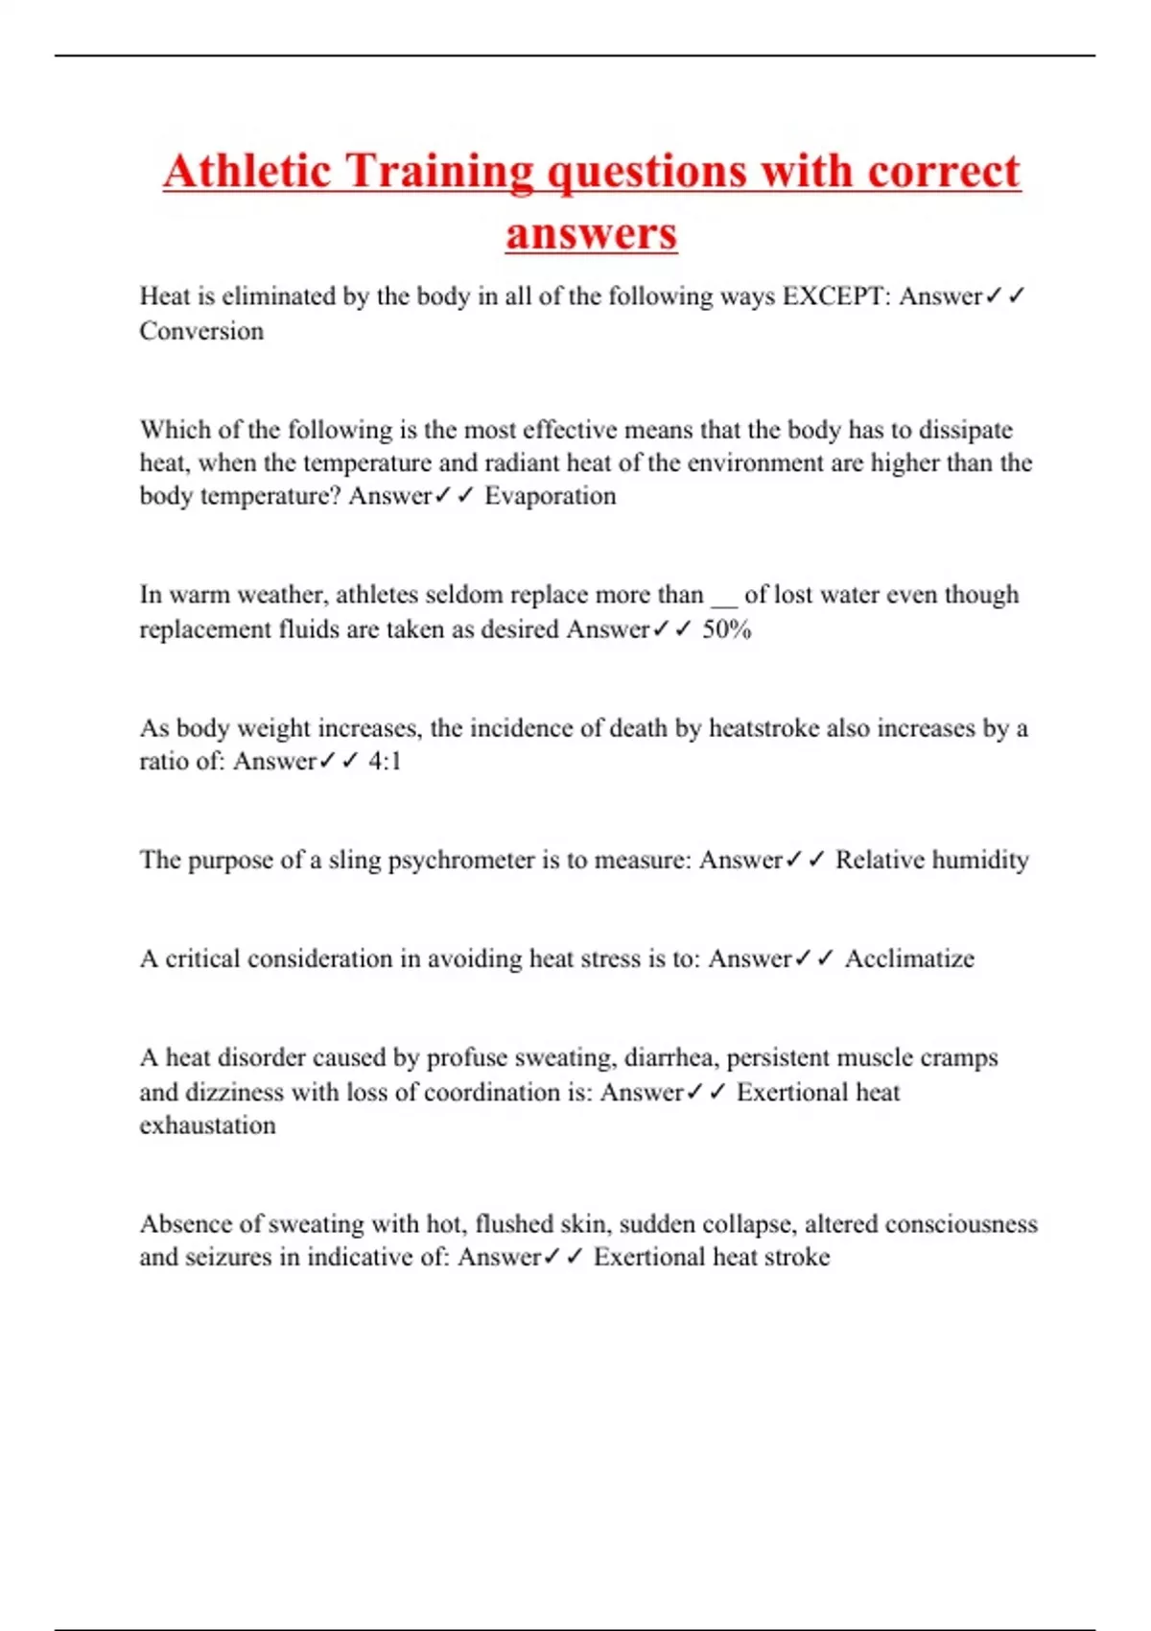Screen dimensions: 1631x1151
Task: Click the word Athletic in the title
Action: click(247, 171)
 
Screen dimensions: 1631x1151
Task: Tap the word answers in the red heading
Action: click(591, 233)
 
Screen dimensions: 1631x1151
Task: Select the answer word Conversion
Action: click(201, 331)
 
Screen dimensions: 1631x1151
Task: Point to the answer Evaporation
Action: click(550, 496)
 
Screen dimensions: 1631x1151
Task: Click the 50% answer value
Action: click(727, 629)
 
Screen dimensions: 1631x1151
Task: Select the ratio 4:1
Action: click(385, 761)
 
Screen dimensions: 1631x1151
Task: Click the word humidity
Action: click(980, 860)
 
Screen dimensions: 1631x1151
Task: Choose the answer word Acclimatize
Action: click(909, 958)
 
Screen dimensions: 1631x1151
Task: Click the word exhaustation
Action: click(207, 1124)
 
